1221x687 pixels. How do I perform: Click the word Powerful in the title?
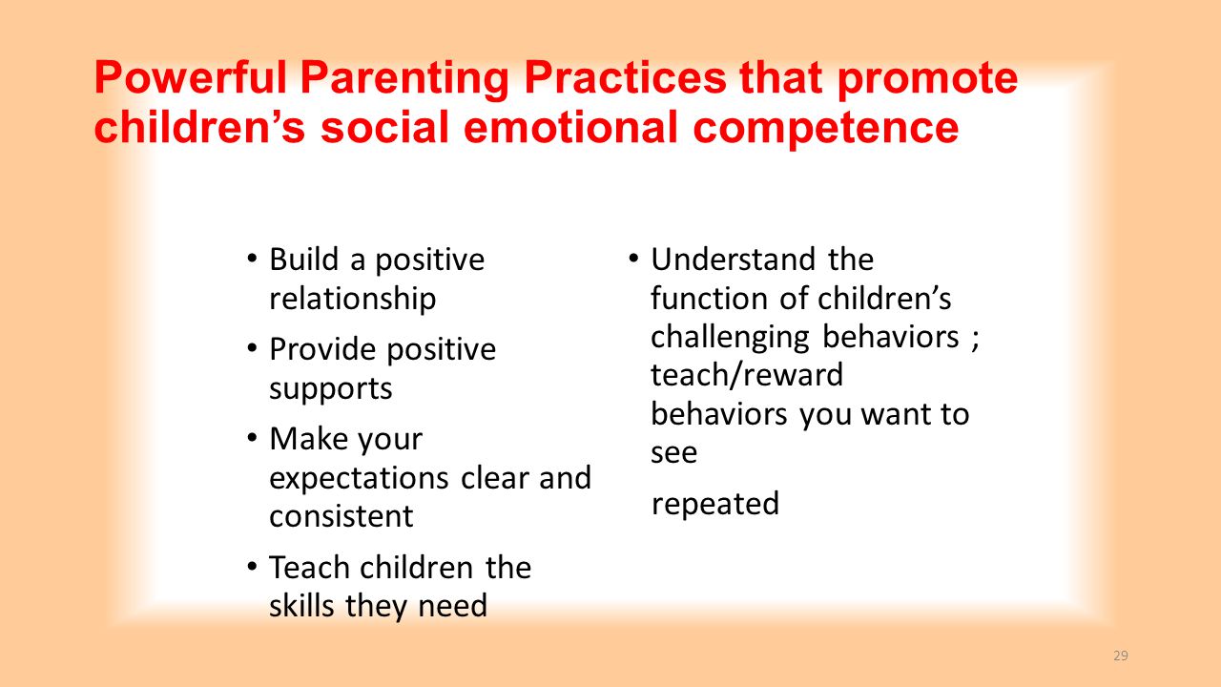pos(191,77)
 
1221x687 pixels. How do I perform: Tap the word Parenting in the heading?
pos(404,79)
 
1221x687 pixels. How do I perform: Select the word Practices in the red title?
pos(625,77)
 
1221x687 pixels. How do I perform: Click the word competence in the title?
pos(826,129)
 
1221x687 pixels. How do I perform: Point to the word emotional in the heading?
pos(570,127)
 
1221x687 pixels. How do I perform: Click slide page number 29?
pos(1121,656)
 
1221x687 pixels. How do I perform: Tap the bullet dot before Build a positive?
pos(251,258)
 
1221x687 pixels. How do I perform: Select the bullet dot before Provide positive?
pos(251,348)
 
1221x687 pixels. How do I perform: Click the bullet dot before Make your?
pos(251,437)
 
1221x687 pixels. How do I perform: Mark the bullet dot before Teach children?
pos(251,566)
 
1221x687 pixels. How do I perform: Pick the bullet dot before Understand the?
pos(632,258)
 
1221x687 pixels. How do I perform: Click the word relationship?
pos(353,299)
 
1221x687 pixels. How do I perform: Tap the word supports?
pos(331,389)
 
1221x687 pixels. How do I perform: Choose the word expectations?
pos(359,478)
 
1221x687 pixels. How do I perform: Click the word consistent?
pos(341,516)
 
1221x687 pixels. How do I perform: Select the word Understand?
pos(734,259)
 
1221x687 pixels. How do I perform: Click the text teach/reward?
pos(747,375)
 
